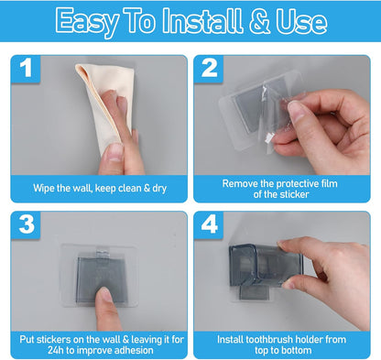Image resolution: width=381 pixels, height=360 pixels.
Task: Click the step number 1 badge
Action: [x=26, y=69]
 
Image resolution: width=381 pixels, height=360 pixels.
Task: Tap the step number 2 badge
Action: [x=209, y=69]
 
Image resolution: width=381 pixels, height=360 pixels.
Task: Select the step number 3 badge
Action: [x=26, y=225]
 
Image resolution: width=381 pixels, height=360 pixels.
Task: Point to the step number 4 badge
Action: [x=209, y=225]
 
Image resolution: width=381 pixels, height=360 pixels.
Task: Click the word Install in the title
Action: [x=202, y=21]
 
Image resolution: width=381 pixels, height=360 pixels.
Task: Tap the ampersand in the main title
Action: [x=259, y=21]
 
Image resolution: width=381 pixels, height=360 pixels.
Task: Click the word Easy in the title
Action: [x=87, y=23]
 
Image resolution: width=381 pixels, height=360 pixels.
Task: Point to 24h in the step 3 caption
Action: [x=56, y=350]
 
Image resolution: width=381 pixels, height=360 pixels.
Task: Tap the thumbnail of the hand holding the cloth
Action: [x=115, y=152]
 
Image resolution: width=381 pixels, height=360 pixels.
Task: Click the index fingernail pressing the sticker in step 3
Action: [x=105, y=294]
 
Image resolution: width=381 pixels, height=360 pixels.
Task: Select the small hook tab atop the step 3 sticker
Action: [x=102, y=253]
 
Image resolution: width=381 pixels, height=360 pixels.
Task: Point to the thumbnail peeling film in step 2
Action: [x=295, y=111]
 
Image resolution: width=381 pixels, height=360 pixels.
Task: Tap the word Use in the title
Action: [x=301, y=21]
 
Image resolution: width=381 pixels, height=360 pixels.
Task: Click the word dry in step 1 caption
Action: [x=159, y=189]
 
